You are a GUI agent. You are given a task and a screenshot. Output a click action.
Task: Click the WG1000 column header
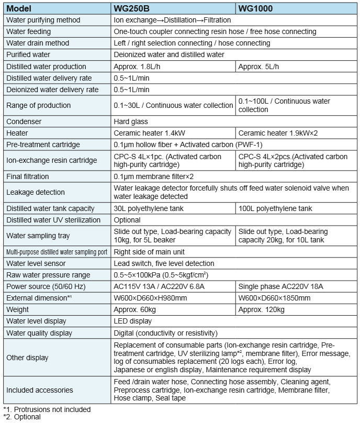tap(256, 8)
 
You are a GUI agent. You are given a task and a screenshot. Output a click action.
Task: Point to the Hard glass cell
tap(131, 121)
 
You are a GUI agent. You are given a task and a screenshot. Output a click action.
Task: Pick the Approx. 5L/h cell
tap(259, 66)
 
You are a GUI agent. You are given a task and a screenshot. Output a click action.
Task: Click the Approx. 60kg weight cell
tap(135, 309)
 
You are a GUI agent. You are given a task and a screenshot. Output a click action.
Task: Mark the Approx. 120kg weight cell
tap(261, 309)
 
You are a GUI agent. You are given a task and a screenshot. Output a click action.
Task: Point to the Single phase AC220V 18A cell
tap(281, 286)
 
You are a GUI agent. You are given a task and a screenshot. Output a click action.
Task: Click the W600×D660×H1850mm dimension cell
tap(275, 298)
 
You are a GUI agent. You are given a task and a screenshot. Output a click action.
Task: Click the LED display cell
tap(133, 321)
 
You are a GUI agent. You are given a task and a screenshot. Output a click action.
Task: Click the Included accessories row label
tap(40, 390)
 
